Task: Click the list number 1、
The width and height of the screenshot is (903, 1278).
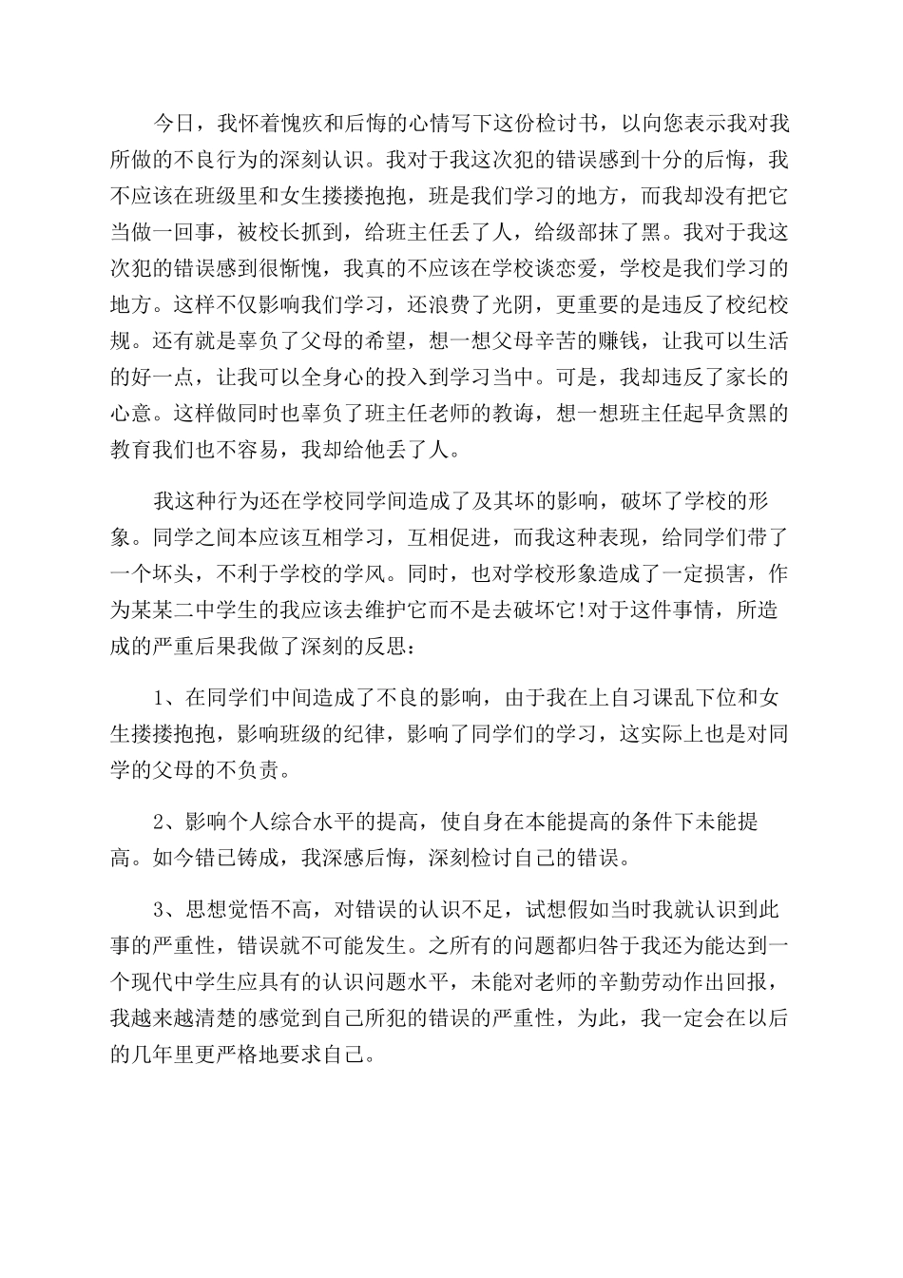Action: point(167,699)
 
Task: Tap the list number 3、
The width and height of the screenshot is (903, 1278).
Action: point(167,910)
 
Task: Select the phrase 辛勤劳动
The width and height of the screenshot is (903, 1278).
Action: point(644,982)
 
